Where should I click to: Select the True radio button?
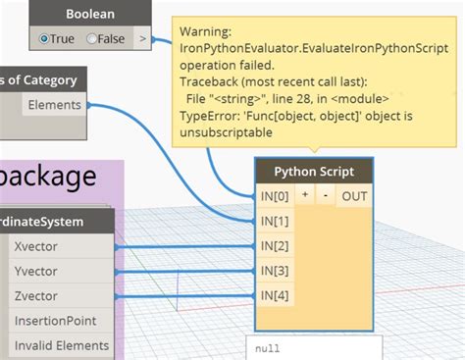point(46,38)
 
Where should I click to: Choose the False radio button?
point(92,38)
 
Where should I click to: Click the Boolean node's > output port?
point(143,38)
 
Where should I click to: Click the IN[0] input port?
point(275,196)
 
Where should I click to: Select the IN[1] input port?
point(275,221)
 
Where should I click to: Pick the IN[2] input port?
point(275,245)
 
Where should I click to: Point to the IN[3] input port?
point(275,270)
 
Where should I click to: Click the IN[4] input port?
point(275,294)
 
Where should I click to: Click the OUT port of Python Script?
point(353,196)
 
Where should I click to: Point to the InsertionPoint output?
point(56,321)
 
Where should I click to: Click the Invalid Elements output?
point(61,345)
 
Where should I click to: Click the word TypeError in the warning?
point(207,116)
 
